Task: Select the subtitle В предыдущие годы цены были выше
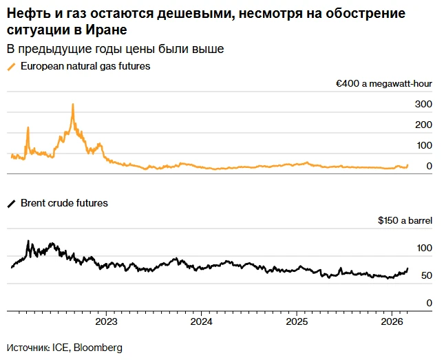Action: tap(115, 50)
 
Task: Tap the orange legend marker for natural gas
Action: tap(10, 67)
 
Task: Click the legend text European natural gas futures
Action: tap(85, 67)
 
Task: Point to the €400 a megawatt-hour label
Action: tap(383, 84)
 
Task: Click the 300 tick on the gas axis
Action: tap(423, 104)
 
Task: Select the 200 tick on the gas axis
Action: tap(423, 125)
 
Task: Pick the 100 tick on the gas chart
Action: tap(423, 145)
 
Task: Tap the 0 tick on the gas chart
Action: tap(429, 166)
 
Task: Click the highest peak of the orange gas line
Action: tap(73, 105)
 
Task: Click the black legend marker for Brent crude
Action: tap(10, 204)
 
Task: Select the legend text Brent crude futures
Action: tap(64, 204)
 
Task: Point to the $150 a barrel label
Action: tap(405, 221)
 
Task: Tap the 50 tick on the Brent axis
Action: tap(425, 276)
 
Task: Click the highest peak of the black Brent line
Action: tap(28, 242)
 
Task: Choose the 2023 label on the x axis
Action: tap(106, 321)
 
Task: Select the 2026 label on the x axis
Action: tap(391, 321)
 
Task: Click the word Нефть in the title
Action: tap(25, 14)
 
